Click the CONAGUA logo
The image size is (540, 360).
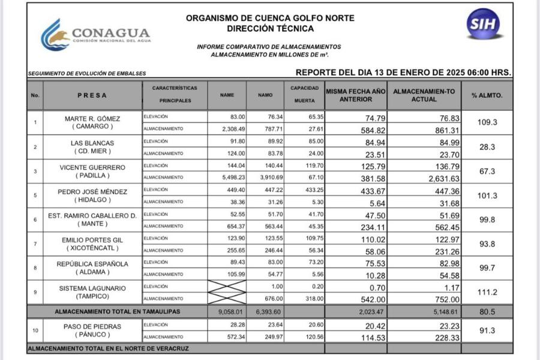click(96, 35)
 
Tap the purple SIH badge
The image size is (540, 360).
click(484, 24)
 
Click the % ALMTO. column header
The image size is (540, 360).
click(487, 95)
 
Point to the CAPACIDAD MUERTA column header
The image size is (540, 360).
click(304, 95)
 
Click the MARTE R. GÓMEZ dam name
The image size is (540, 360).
click(92, 119)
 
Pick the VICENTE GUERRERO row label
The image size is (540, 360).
click(92, 167)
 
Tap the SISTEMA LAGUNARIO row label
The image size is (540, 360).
click(92, 289)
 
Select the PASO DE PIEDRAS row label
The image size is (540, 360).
click(92, 326)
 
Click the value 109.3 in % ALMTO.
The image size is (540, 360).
click(487, 122)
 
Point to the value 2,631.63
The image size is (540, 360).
click(440, 178)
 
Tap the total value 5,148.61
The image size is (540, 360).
click(440, 312)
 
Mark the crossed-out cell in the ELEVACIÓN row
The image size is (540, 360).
click(227, 287)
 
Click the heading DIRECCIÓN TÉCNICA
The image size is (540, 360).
click(270, 28)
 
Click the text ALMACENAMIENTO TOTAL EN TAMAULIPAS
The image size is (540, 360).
click(117, 312)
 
